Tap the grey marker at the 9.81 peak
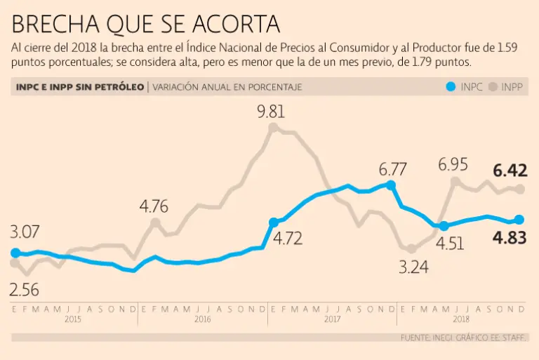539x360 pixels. [x=273, y=128]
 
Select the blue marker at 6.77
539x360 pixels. [x=391, y=185]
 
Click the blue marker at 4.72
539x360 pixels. [x=273, y=222]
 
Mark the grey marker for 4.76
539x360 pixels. [x=155, y=223]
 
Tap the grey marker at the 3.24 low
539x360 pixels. [x=411, y=248]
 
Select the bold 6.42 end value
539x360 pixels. [x=510, y=171]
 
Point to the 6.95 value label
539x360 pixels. [x=453, y=165]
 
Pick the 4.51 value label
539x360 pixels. [x=450, y=244]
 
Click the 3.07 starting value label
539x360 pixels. [x=25, y=232]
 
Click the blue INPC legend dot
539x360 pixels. [x=451, y=88]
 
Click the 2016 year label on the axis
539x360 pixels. [x=202, y=319]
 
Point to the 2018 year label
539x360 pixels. [x=461, y=319]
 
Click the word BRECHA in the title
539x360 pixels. [x=55, y=25]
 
